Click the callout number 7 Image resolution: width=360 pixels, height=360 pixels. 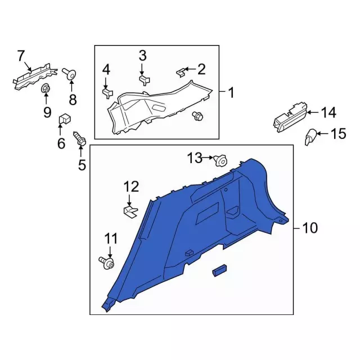[x=21, y=56]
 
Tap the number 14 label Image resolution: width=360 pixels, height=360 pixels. [x=328, y=112]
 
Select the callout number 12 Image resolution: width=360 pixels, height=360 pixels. [x=131, y=186]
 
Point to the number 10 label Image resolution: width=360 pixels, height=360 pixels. [x=310, y=228]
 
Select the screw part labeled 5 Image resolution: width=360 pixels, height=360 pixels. [x=80, y=138]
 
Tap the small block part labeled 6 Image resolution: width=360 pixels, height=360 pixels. [x=65, y=119]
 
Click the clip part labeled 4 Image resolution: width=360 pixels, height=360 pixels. [x=107, y=93]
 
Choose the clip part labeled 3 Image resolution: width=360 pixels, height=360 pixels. [x=145, y=80]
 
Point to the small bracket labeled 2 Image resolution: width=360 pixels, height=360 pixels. [x=181, y=72]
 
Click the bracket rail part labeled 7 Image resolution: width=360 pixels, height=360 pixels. [x=34, y=76]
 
